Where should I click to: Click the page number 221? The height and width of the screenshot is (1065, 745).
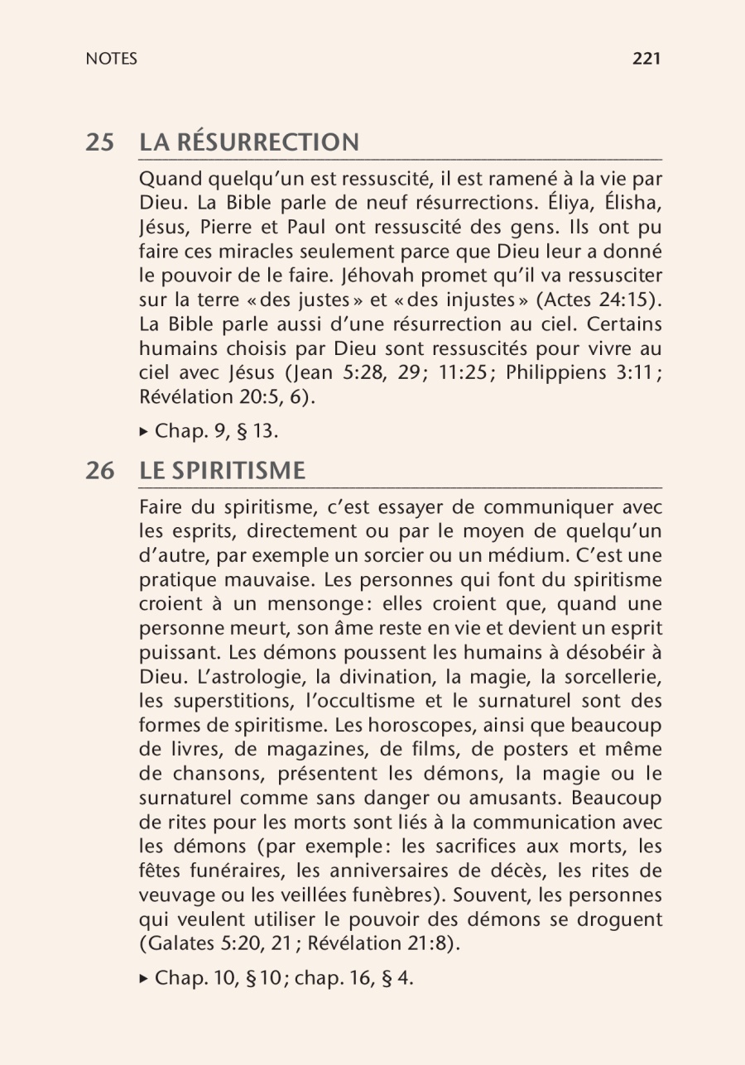coord(646,59)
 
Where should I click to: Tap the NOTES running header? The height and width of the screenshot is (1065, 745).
coord(111,59)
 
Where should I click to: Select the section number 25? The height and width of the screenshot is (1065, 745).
coord(100,142)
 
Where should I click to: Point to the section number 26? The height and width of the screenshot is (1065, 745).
coord(100,471)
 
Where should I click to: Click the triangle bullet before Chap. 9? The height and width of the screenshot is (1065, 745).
coord(144,431)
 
